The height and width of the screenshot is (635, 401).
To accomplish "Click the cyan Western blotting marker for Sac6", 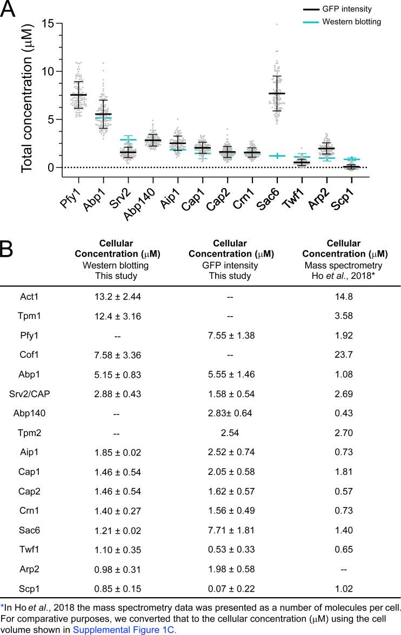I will point(277,156).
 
